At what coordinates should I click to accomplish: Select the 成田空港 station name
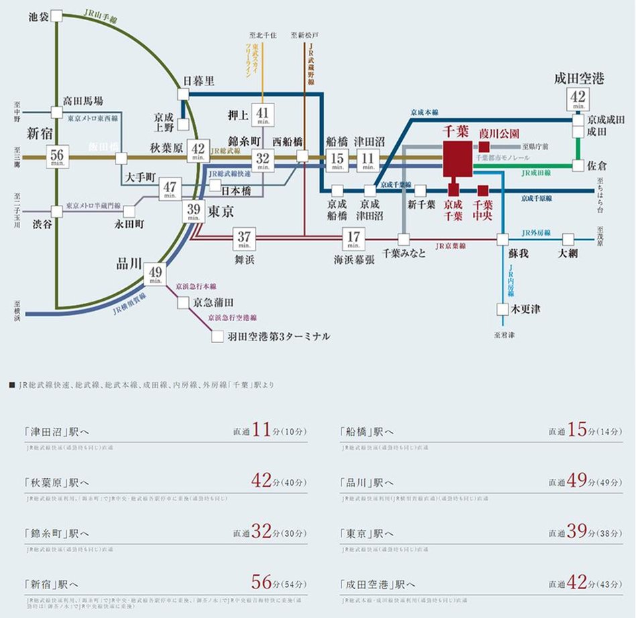[579, 79]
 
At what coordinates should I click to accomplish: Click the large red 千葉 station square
[458, 159]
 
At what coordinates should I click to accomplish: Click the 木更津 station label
[526, 309]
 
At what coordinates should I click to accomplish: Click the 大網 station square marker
[568, 240]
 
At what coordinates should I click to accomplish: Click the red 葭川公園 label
[499, 133]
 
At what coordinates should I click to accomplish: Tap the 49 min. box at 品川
[156, 273]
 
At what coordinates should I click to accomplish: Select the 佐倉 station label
[599, 165]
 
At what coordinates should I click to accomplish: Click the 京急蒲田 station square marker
[183, 303]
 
